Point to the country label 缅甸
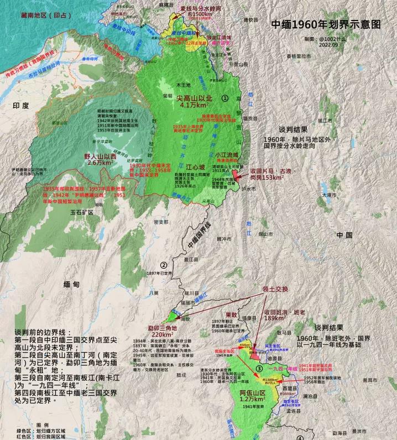pyautogui.click(x=72, y=284)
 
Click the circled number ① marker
pyautogui.click(x=225, y=97)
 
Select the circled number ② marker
pyautogui.click(x=164, y=265)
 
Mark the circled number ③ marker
pyautogui.click(x=259, y=369)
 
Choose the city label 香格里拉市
pyautogui.click(x=301, y=56)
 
